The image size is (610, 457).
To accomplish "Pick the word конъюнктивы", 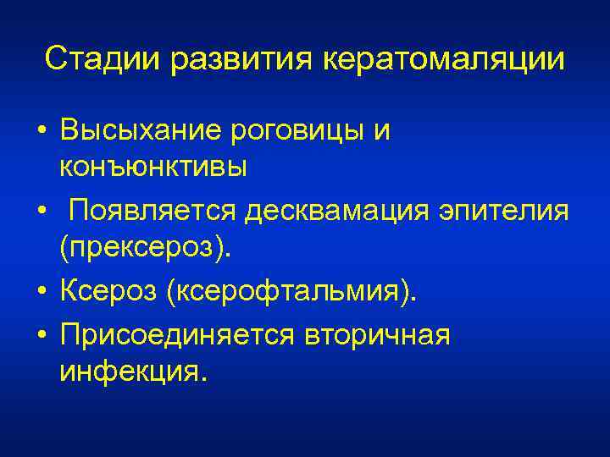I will coord(153,166).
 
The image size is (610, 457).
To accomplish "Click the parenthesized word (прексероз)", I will coord(145,249).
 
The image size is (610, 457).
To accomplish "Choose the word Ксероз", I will coord(108,292).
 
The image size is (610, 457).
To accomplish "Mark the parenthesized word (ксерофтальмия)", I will coord(292,292).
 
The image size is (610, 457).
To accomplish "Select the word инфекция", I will coord(132,372).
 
